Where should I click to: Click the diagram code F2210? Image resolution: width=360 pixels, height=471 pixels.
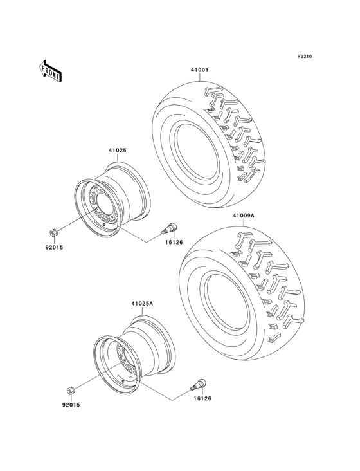304,57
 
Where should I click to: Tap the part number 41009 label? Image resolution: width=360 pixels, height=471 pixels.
199,70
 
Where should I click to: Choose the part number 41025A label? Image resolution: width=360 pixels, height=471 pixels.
141,302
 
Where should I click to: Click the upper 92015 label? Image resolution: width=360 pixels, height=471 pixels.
53,246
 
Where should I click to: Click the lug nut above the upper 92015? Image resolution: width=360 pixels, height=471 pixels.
55,230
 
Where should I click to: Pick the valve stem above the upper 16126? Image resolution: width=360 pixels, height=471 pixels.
173,227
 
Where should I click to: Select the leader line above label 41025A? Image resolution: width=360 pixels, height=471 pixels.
141,311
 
